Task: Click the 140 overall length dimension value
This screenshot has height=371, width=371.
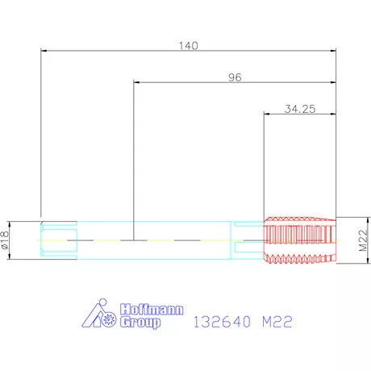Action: point(189,46)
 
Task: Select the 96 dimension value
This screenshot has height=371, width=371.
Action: point(235,77)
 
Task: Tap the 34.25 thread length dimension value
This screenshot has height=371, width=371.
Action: point(300,109)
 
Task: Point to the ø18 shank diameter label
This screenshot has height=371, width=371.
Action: point(5,240)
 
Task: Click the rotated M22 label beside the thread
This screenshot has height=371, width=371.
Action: point(363,240)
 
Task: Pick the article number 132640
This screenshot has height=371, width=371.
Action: point(222,322)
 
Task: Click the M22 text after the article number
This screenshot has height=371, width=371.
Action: point(277,322)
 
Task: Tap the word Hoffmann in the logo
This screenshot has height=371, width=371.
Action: point(152,310)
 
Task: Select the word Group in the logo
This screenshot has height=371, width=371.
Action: point(140,322)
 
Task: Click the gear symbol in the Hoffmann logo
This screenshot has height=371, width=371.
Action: point(109,319)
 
